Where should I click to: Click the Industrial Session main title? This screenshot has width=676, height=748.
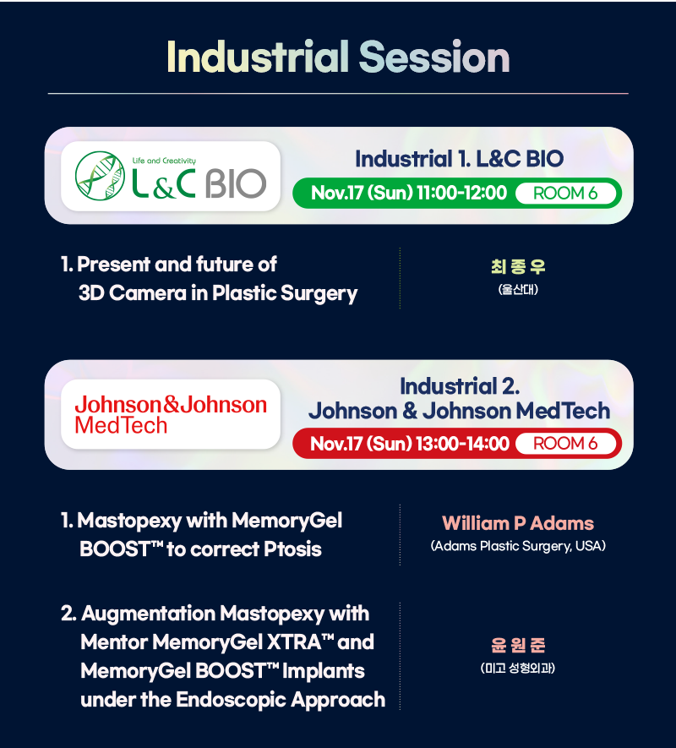click(338, 57)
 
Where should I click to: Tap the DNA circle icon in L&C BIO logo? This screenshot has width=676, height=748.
click(101, 176)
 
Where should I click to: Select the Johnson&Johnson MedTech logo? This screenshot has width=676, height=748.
click(171, 414)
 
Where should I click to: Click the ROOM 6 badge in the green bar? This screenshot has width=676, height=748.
click(565, 194)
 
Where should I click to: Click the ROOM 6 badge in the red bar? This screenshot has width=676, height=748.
click(565, 443)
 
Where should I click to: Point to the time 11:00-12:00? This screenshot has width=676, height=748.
click(462, 193)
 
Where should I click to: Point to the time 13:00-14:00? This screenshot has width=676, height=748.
click(463, 443)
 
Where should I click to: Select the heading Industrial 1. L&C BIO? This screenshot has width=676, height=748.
click(459, 159)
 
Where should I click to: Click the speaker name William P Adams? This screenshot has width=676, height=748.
click(518, 523)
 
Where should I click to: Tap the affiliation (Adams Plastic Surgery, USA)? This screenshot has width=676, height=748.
click(518, 546)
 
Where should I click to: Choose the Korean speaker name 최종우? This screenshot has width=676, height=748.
click(518, 266)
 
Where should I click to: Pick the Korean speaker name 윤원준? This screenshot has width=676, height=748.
click(518, 645)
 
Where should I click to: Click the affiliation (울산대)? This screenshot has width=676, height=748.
click(518, 289)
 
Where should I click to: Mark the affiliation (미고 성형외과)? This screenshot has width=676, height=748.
click(518, 668)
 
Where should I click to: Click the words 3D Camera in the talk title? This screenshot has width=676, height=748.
click(133, 293)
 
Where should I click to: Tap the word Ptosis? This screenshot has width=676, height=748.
click(292, 549)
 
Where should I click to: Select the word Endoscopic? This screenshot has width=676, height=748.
click(231, 700)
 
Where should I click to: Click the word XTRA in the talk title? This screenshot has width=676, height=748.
click(293, 642)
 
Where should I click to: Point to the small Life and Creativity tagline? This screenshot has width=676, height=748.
click(164, 161)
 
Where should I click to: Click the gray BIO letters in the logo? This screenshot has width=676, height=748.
click(236, 183)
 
